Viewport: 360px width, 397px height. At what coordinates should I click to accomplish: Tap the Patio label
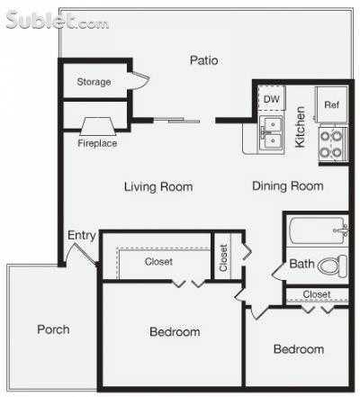point(204,60)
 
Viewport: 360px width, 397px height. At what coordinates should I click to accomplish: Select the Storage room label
point(94,82)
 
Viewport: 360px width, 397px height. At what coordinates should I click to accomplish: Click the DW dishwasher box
point(271,100)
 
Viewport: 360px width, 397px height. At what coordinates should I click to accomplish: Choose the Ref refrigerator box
point(330,104)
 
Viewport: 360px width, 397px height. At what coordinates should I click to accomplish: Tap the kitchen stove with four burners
point(331,144)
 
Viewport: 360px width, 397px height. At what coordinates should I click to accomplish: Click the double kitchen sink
point(270,133)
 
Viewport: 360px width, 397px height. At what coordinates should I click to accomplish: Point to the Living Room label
point(158,187)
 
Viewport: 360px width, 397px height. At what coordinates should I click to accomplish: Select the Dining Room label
point(288,186)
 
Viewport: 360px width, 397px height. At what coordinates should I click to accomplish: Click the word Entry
point(82,236)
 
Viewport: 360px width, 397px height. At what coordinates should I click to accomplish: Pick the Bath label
point(301,265)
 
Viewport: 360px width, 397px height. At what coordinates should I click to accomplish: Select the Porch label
point(53,329)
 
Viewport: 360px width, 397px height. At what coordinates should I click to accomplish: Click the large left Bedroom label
point(174,332)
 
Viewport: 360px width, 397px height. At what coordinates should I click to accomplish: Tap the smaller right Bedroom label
point(299,349)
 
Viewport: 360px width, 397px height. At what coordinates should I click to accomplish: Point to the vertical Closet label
point(223,258)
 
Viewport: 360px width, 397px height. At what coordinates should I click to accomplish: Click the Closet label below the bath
point(317,293)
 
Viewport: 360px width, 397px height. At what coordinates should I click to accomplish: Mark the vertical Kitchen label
point(301,125)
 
